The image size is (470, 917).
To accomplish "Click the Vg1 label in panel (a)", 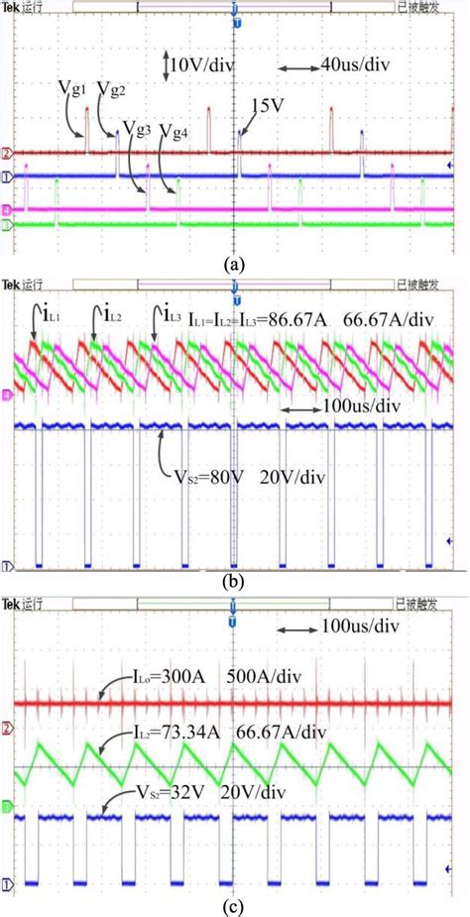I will (x=74, y=89).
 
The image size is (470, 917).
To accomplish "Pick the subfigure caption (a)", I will (x=235, y=264).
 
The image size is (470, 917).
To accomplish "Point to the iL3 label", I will (x=164, y=317).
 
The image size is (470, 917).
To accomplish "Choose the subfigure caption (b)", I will (x=235, y=584).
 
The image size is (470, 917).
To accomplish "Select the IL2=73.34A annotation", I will (x=169, y=733).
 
